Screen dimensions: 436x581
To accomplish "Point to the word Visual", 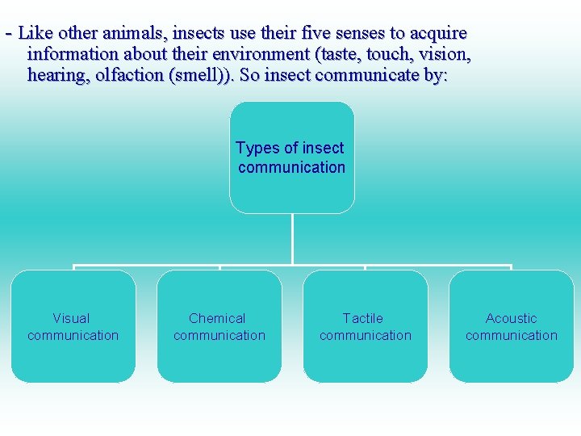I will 71,318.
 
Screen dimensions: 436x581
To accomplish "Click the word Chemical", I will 217,318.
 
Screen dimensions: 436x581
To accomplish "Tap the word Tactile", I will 363,318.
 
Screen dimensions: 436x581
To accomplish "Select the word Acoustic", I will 511,318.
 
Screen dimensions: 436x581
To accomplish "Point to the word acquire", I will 439,33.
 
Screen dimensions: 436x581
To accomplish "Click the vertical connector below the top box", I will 292,238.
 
